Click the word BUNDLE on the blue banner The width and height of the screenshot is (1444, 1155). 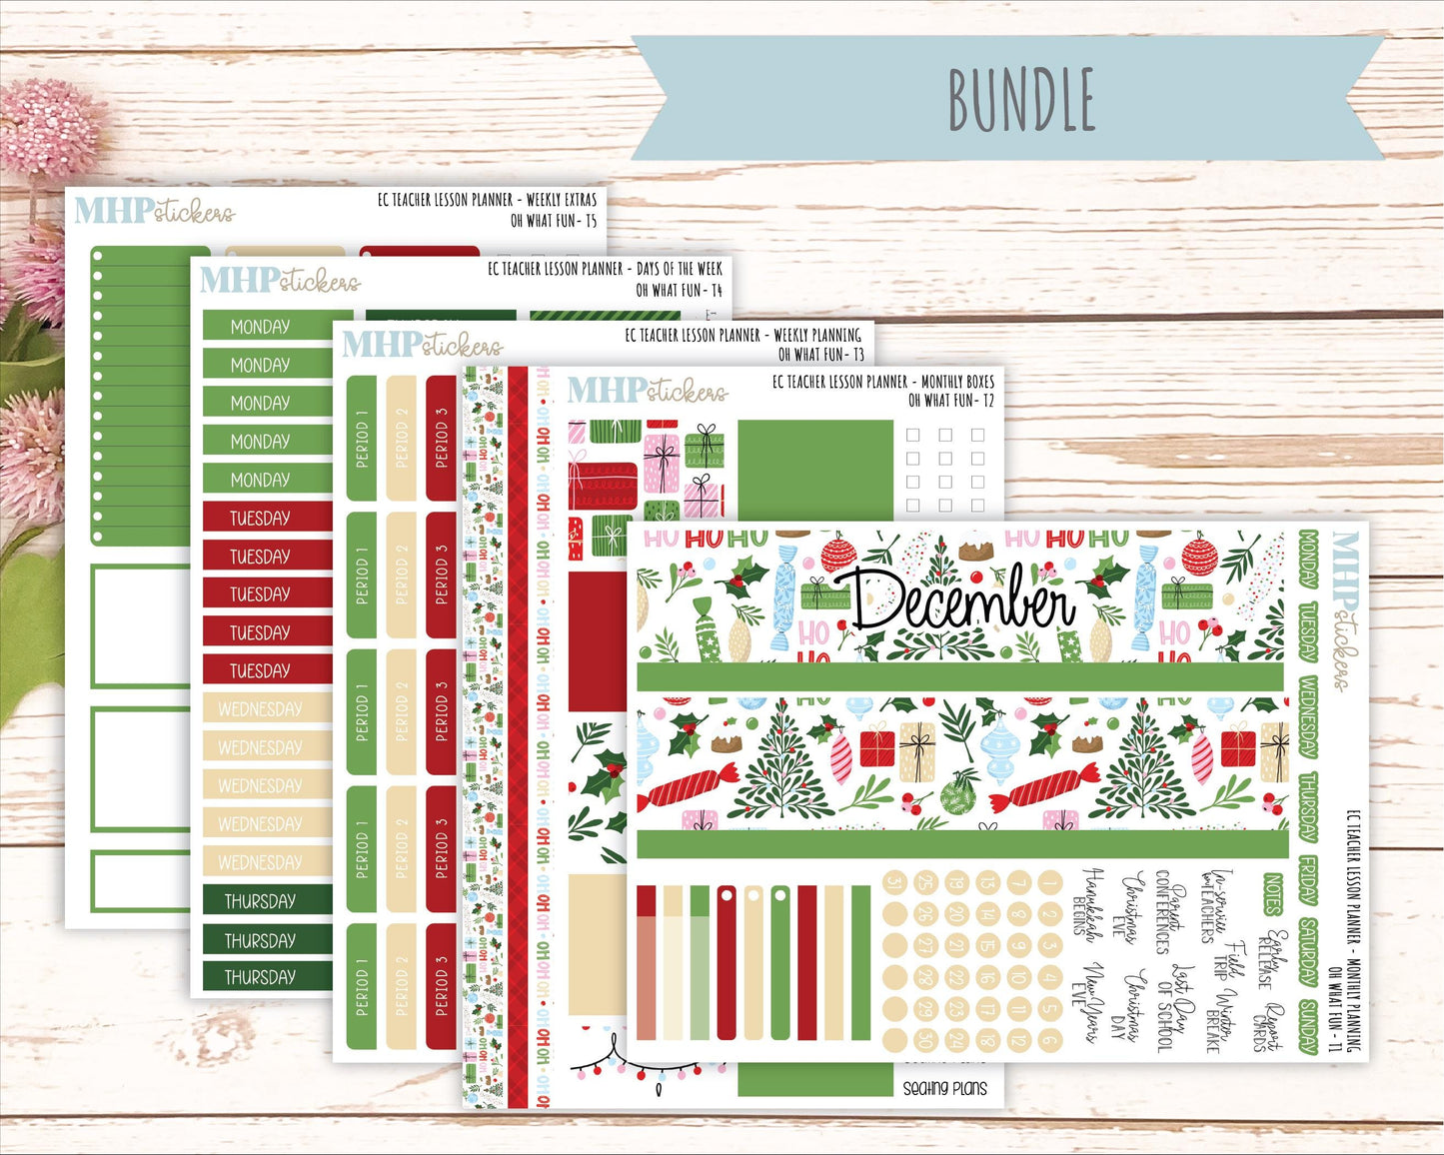(x=1021, y=100)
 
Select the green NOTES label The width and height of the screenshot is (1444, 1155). (x=1272, y=893)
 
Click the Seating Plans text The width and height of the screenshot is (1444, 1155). (x=944, y=1088)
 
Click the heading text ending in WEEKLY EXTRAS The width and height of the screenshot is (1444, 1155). (x=487, y=199)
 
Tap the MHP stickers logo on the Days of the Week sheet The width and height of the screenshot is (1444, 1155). (x=280, y=280)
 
